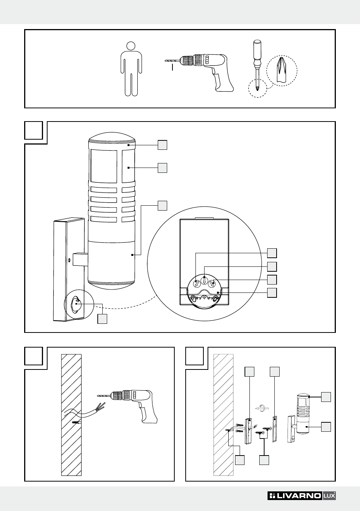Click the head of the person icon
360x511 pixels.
click(x=131, y=46)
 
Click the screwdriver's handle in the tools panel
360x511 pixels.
click(x=257, y=52)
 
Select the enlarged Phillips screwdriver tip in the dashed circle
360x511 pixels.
click(x=282, y=69)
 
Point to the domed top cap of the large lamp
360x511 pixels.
click(x=112, y=138)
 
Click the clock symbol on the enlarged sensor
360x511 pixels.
click(x=193, y=298)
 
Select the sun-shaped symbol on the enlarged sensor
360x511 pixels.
click(x=215, y=299)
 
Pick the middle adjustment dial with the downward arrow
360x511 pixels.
click(x=205, y=280)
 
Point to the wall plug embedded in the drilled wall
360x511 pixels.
click(x=76, y=422)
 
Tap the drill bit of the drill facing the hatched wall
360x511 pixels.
click(x=103, y=395)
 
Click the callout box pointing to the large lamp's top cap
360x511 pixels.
click(x=162, y=145)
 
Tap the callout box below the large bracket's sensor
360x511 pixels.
click(x=102, y=319)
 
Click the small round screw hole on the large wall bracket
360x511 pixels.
click(x=69, y=260)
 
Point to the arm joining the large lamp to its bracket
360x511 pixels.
click(x=80, y=259)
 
